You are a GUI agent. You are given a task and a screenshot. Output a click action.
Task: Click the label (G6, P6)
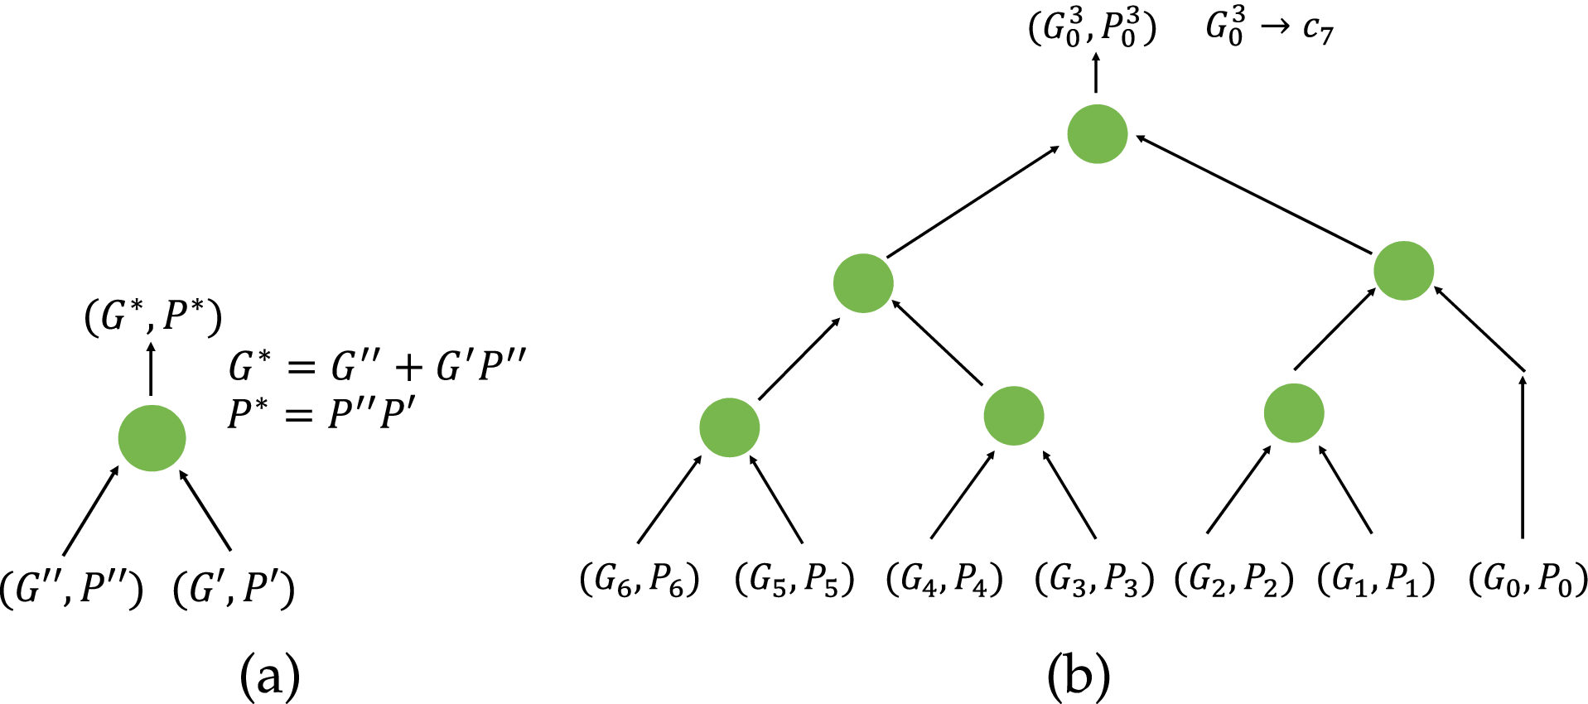click(x=639, y=580)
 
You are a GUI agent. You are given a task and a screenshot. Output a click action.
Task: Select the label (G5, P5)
click(x=794, y=580)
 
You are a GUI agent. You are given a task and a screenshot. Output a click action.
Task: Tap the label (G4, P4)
click(x=944, y=580)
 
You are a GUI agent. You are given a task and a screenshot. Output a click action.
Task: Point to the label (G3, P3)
click(x=1094, y=580)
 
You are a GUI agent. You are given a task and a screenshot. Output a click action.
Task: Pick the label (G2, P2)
click(x=1234, y=580)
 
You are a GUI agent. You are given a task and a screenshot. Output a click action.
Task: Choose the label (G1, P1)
click(x=1376, y=580)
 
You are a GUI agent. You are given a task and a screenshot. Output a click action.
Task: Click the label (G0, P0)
click(x=1528, y=580)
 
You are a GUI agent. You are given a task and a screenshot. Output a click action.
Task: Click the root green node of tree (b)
click(x=1097, y=133)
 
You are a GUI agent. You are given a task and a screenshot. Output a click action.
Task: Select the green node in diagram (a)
click(x=152, y=438)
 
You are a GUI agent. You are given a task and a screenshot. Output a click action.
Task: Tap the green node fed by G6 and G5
click(x=729, y=427)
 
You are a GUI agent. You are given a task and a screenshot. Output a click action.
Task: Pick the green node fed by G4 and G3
click(x=1013, y=415)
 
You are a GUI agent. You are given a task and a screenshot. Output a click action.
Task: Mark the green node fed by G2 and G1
click(x=1293, y=412)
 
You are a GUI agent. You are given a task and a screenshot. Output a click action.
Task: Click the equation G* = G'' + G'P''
click(x=378, y=365)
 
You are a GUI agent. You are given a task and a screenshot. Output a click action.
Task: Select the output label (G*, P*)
click(x=153, y=316)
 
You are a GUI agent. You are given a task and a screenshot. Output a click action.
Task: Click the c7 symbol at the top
click(x=1317, y=29)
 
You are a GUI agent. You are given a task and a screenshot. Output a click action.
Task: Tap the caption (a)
click(x=269, y=676)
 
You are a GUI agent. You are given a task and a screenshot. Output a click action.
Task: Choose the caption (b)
click(x=1078, y=676)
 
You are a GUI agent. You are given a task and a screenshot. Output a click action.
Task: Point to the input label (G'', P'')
click(x=71, y=590)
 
